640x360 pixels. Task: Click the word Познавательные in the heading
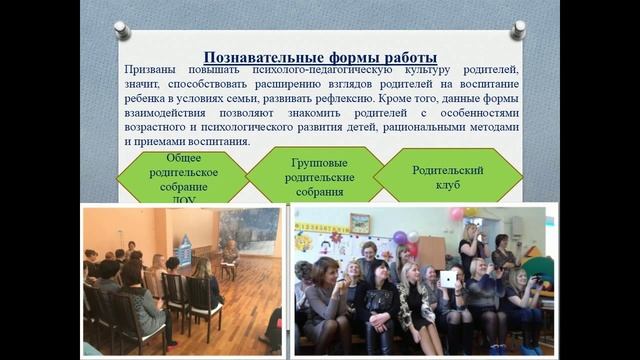(x=261, y=57)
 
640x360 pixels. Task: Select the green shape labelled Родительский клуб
(x=447, y=176)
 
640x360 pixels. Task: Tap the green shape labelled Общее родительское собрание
(x=183, y=178)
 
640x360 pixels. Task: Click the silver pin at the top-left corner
(x=122, y=30)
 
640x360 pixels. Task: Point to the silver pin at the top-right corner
(x=517, y=30)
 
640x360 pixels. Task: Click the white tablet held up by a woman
(x=449, y=279)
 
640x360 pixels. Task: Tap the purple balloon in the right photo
(x=400, y=238)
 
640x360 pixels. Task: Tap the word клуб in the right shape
(x=447, y=184)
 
